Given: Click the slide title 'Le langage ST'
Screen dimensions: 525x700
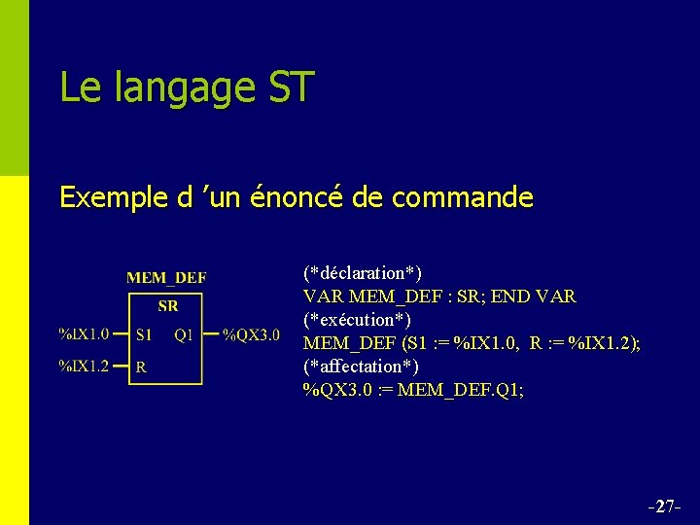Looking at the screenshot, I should (187, 87).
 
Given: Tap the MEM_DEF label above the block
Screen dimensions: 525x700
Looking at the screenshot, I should (166, 278).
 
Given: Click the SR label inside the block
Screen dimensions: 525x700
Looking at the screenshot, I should (167, 306).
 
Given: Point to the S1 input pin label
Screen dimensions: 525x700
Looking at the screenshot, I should (143, 335).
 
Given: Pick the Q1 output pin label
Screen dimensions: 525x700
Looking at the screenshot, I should (184, 335).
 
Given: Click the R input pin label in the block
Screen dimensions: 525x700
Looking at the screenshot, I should (141, 367).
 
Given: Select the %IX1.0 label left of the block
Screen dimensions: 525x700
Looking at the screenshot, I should (84, 335).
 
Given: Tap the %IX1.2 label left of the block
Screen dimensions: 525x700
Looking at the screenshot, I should (84, 367).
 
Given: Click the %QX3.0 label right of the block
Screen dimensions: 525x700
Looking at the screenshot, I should (251, 335).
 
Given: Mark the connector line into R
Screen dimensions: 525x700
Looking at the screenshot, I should (122, 367).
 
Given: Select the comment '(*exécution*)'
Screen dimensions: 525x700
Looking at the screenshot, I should (357, 319).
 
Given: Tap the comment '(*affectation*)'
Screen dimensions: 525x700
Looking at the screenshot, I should (361, 366).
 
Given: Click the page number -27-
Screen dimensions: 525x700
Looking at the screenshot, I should (664, 507).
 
